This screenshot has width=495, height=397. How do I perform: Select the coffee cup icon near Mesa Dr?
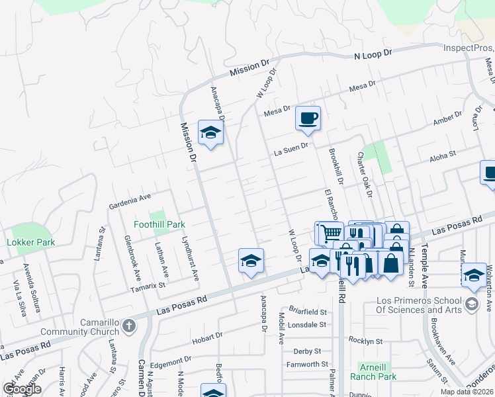308,119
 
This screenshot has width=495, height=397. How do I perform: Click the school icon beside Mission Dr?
210,134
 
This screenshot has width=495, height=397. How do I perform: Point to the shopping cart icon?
331,233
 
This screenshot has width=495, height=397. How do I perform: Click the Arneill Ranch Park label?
377,371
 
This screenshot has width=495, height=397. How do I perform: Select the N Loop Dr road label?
373,54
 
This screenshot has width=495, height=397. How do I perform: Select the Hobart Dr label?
206,337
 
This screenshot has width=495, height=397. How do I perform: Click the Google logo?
22,389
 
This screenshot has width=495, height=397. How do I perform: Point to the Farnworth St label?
307,364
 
